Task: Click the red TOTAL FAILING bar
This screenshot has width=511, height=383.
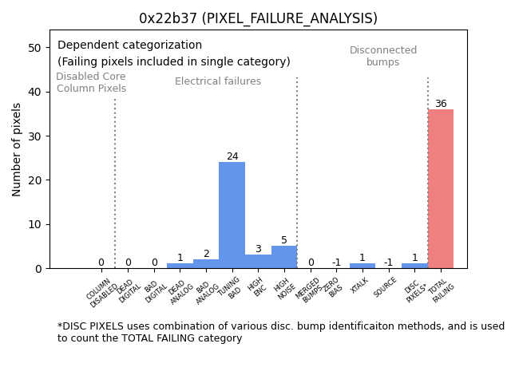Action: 440,189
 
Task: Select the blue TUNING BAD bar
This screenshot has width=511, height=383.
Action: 232,215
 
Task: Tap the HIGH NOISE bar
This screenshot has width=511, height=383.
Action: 284,257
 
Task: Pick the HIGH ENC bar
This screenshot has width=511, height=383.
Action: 258,262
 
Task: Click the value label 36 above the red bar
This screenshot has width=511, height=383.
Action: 441,104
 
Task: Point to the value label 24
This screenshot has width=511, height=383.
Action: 232,156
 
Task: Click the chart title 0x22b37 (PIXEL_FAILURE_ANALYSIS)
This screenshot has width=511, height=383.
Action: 258,18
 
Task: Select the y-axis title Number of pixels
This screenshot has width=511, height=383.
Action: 18,149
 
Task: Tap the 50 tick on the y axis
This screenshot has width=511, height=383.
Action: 35,48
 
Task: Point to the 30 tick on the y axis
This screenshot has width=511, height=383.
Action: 35,136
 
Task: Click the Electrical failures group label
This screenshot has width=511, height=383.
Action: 218,81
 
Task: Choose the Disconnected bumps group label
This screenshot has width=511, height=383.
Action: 383,57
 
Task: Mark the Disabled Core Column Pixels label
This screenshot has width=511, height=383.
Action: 91,83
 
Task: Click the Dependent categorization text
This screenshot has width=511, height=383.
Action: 129,45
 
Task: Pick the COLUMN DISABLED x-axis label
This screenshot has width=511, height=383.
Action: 101,293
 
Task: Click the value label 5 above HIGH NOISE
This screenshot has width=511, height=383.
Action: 284,240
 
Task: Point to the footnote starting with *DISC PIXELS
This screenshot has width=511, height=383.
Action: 280,332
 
